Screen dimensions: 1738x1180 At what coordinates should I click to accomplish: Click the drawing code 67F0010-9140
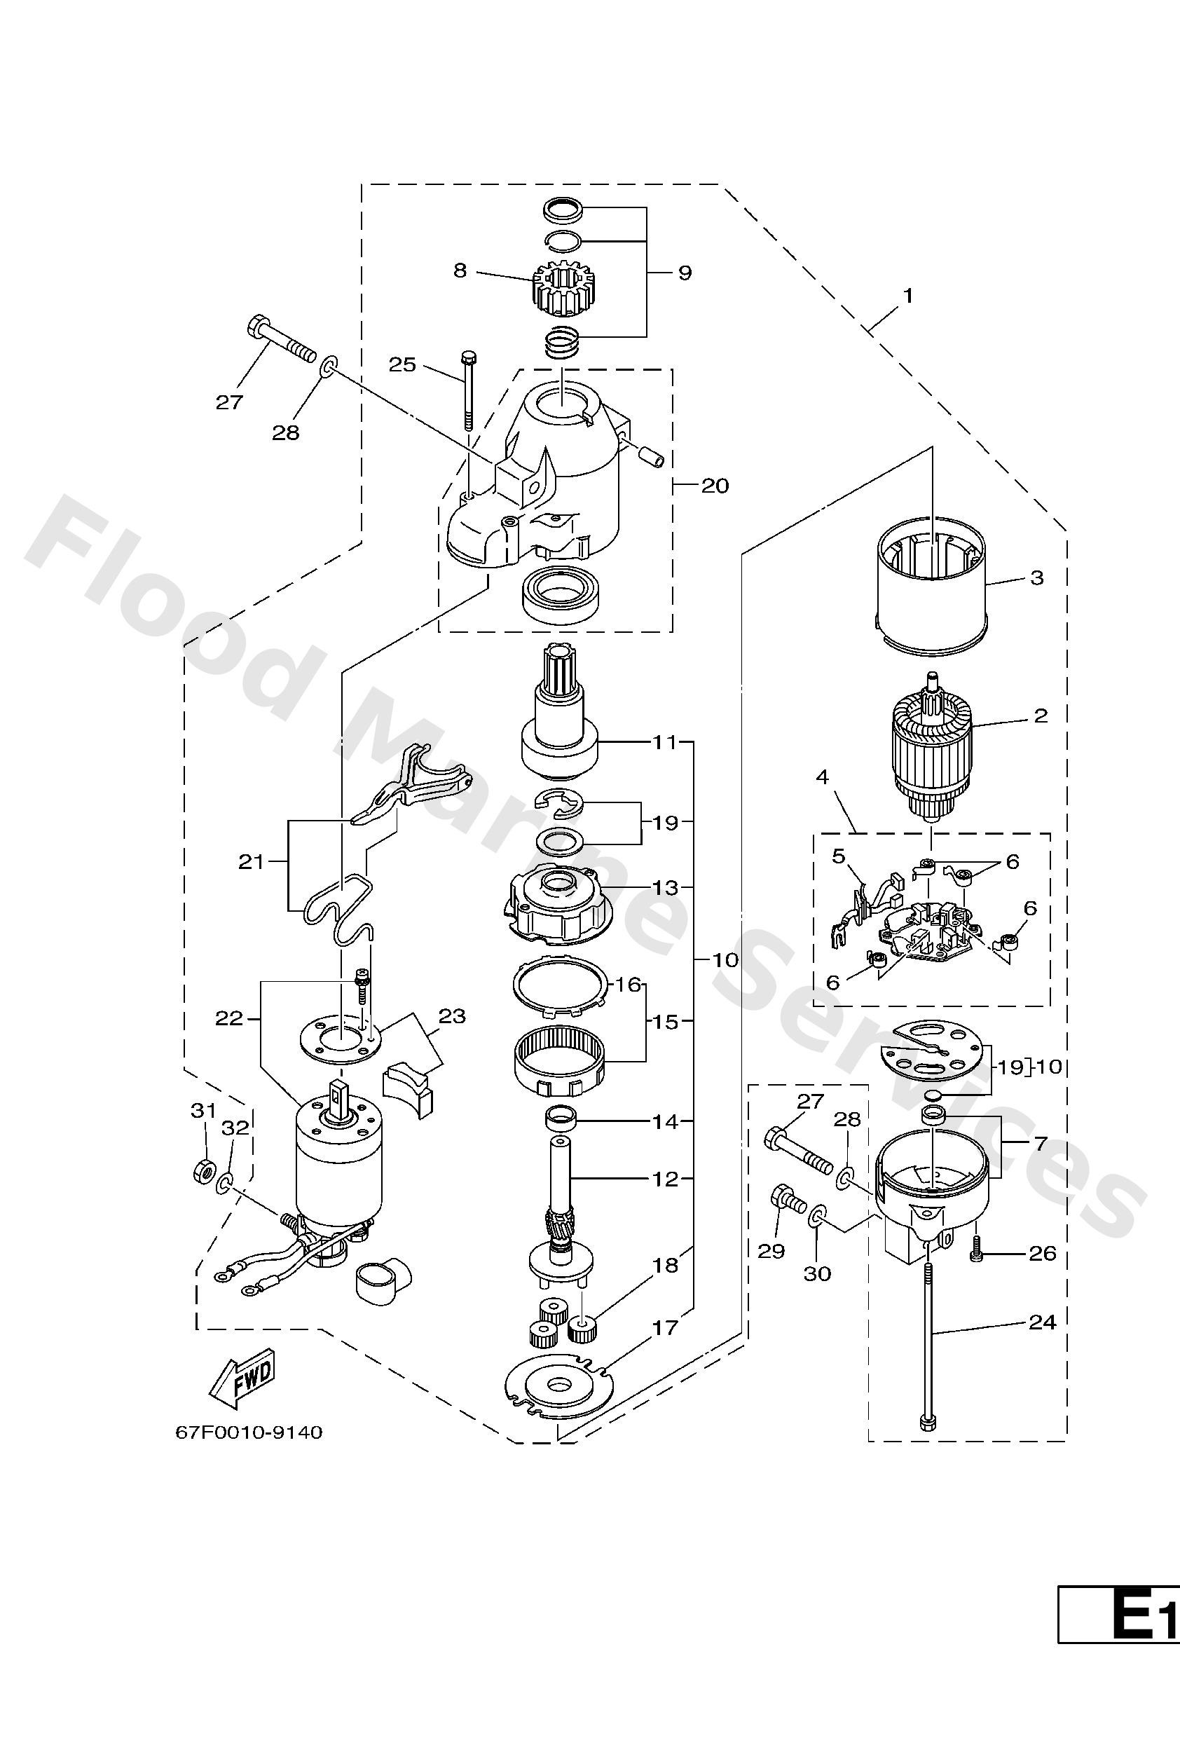248,1432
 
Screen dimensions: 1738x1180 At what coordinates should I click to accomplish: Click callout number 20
714,486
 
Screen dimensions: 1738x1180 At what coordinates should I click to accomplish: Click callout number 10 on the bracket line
725,959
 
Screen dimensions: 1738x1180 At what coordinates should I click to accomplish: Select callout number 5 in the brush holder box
838,856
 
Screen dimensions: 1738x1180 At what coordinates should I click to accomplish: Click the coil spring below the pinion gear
561,345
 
